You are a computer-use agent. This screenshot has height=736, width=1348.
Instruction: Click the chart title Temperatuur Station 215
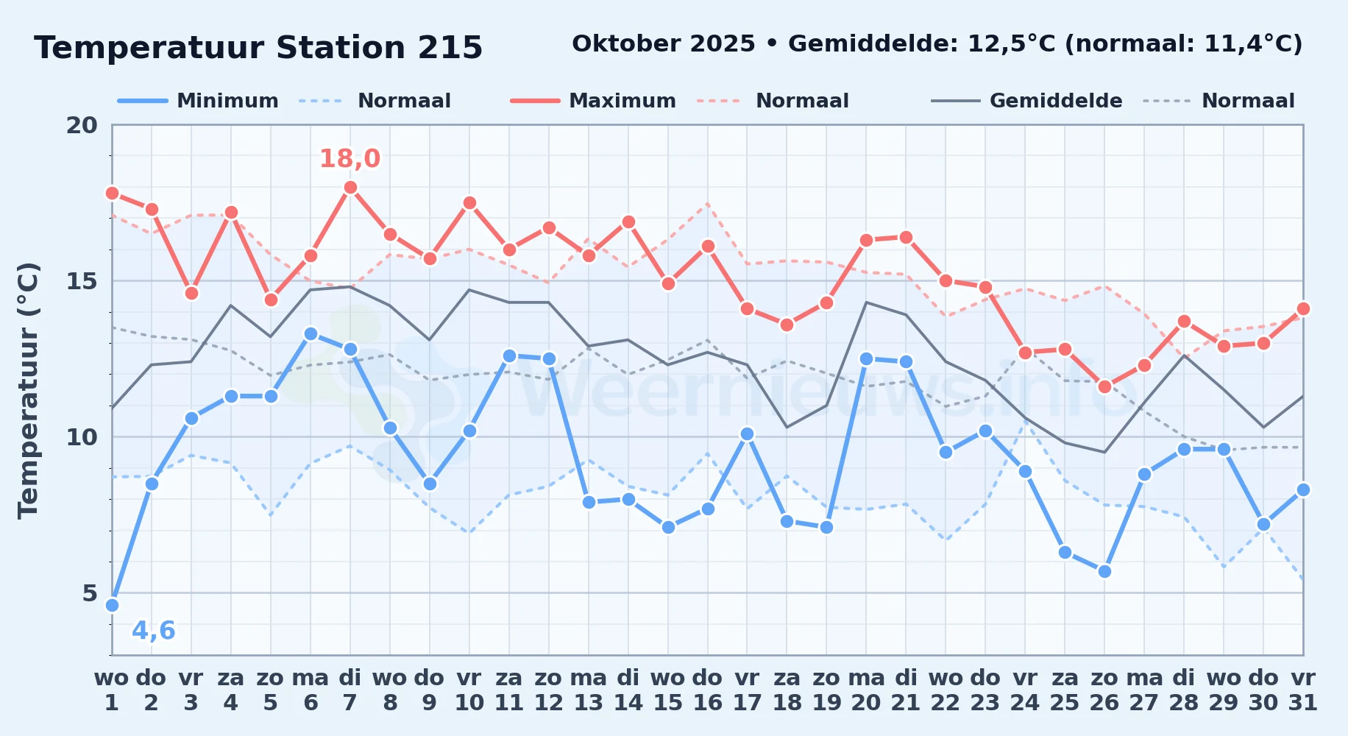[258, 48]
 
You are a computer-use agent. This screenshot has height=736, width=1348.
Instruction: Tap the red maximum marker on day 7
[350, 188]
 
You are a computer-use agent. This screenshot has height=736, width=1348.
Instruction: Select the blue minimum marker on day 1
[112, 605]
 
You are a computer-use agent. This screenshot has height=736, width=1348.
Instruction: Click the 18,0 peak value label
[350, 158]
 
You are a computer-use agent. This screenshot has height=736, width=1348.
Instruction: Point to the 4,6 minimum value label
[154, 631]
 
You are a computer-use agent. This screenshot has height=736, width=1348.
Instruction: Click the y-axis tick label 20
[82, 125]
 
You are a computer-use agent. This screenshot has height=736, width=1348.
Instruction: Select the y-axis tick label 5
[90, 593]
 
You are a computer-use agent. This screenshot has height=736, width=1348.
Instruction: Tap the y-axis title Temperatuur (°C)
[28, 390]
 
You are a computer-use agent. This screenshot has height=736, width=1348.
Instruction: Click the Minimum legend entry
[198, 101]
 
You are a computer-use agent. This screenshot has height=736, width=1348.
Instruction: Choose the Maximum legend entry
[593, 101]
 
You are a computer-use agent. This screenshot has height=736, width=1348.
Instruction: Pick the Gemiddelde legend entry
[1026, 101]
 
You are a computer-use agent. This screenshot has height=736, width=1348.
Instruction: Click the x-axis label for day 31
[1303, 690]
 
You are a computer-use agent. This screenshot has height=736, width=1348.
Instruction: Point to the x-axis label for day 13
[589, 690]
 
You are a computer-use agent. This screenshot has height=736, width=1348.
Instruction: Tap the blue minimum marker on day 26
[1104, 571]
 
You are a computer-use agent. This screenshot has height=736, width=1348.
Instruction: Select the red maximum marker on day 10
[469, 203]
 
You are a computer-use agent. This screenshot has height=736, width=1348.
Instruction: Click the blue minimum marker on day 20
[866, 359]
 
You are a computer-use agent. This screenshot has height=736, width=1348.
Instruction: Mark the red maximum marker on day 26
[1104, 387]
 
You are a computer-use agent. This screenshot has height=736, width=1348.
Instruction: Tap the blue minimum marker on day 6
[311, 334]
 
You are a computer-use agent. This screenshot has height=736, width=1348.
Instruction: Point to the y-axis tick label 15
[82, 281]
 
